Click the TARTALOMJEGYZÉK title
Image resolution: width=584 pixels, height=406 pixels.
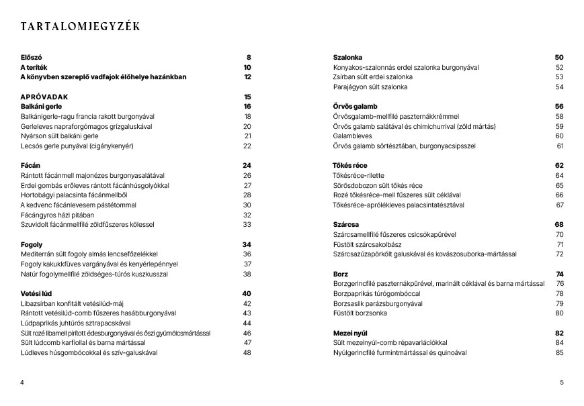click(x=80, y=27)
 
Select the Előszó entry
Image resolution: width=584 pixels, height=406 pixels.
click(x=32, y=58)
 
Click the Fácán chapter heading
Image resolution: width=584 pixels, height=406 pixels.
click(x=31, y=165)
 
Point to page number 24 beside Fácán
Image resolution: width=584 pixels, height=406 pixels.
click(x=247, y=165)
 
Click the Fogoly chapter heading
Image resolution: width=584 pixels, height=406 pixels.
click(x=32, y=244)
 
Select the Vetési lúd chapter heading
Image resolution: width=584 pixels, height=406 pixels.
click(x=35, y=293)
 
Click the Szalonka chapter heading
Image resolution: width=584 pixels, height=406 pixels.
click(x=347, y=58)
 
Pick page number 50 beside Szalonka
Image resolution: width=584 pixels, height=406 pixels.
click(x=559, y=58)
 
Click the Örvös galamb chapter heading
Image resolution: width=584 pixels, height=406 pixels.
click(x=356, y=106)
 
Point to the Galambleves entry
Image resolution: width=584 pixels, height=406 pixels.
click(x=353, y=136)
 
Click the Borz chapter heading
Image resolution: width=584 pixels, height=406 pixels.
click(x=340, y=274)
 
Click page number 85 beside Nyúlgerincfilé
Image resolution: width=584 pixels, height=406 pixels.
click(x=560, y=352)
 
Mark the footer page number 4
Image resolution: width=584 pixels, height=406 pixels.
click(x=22, y=383)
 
